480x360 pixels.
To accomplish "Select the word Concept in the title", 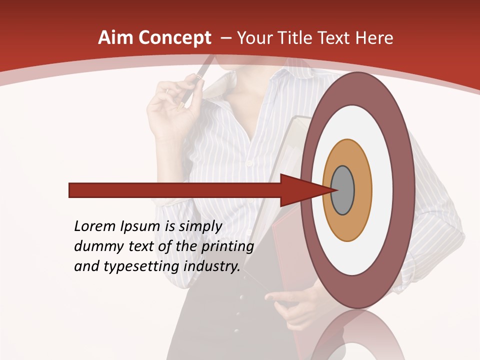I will click(175, 38).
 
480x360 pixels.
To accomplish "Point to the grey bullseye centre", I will click(342, 190).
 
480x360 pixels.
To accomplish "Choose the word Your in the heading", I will click(254, 38).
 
